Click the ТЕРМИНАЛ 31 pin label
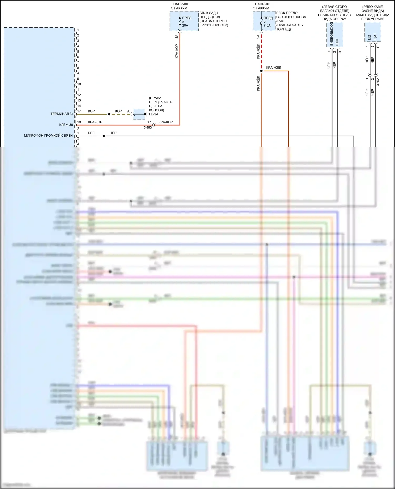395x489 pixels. [x=62, y=114]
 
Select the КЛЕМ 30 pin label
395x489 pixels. [x=66, y=125]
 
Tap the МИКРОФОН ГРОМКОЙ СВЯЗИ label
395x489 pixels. [x=48, y=136]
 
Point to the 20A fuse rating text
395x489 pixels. [x=185, y=25]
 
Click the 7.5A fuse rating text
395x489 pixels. [x=267, y=25]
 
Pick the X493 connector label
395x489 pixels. [x=148, y=127]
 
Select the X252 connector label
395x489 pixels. [x=378, y=82]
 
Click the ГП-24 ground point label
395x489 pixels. [x=154, y=114]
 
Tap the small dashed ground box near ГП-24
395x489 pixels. [x=139, y=114]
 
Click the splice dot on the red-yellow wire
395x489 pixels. [x=261, y=71]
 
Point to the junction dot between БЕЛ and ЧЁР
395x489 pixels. [x=104, y=136]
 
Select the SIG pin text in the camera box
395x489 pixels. [x=370, y=38]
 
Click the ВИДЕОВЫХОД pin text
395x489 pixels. [x=332, y=34]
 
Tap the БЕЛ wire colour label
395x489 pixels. [x=91, y=133]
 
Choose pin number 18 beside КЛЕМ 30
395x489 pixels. [x=79, y=122]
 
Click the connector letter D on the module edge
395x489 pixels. [x=78, y=128]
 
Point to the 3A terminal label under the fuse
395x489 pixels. [x=177, y=37]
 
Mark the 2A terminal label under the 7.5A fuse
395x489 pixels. [x=258, y=37]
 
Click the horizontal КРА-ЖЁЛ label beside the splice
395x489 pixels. [x=274, y=68]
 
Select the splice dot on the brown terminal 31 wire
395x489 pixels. [x=109, y=114]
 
